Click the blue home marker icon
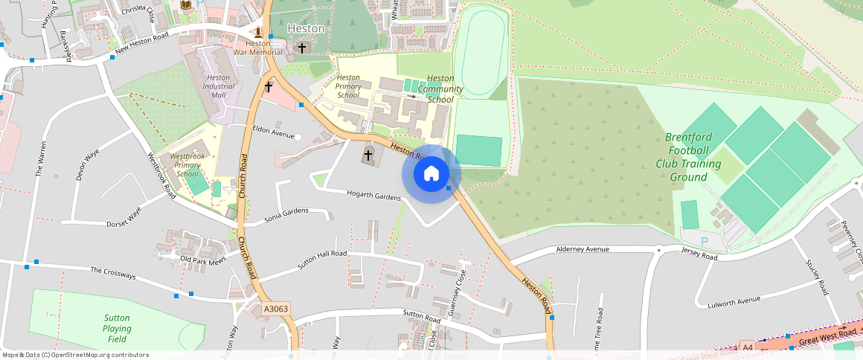431,174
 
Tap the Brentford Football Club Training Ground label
688,157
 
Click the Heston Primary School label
348,86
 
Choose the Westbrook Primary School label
187,166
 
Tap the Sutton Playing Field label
117,328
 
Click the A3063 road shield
275,309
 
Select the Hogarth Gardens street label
373,196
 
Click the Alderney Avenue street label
583,249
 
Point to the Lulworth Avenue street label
734,300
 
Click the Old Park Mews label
202,260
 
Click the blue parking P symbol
705,242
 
